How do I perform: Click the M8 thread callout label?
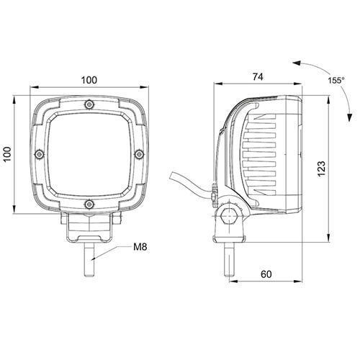140,247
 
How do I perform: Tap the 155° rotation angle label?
336,81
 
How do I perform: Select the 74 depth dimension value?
258,77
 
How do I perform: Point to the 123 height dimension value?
321,168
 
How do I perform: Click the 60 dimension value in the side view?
266,274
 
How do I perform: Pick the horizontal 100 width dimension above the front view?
89,80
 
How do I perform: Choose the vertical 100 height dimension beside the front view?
7,154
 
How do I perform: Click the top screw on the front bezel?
89,104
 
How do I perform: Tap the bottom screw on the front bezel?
89,204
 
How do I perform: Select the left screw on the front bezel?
40,154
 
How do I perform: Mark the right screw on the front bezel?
139,154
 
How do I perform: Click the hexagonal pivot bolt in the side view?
229,216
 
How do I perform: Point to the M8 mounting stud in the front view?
91,260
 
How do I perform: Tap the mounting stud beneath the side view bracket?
229,259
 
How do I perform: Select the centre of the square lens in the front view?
89,153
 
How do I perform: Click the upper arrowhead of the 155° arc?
297,63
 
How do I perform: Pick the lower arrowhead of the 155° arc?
350,117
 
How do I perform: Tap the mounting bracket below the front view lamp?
89,228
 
